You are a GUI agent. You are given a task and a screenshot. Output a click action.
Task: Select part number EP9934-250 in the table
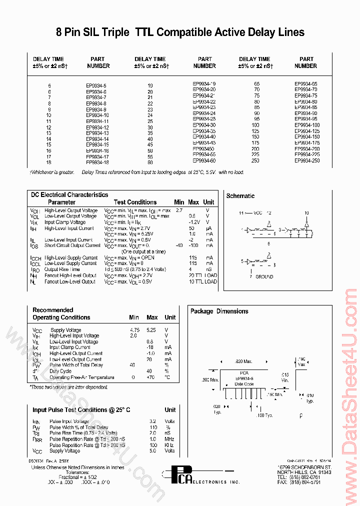pos(306,161)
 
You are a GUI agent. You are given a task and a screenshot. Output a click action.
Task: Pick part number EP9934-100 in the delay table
pos(306,124)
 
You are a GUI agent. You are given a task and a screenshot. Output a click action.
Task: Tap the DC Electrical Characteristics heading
pos(69,194)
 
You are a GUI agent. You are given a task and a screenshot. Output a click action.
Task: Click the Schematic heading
pos(240,196)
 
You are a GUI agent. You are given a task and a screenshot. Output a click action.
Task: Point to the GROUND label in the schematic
pos(264,276)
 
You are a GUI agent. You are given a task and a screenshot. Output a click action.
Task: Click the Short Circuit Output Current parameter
pos(72,245)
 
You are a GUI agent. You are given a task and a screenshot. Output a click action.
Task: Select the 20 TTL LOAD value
pos(203,275)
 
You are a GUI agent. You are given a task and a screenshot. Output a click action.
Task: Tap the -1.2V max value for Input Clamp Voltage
pos(194,222)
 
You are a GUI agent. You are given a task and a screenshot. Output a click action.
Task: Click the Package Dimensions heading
pos(219,311)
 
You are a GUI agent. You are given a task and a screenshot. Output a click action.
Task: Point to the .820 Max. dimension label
pos(244,361)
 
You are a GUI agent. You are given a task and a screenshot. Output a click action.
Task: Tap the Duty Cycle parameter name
pos(60,371)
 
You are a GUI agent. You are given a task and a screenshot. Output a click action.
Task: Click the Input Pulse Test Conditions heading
pos(81,410)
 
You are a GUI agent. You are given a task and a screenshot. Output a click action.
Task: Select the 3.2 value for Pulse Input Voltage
pos(152,421)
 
